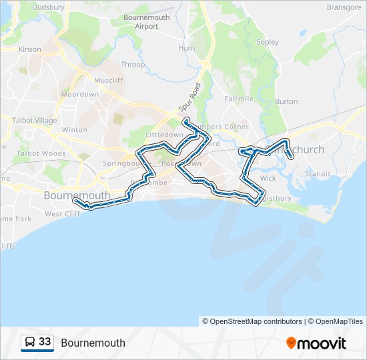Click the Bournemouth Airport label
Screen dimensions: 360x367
pos(147,22)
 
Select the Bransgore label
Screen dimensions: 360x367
pos(344,7)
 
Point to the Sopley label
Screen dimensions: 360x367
pos(268,42)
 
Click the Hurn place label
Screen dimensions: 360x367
pos(187,48)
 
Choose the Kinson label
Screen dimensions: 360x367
pos(30,49)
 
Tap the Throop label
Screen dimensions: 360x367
pos(133,65)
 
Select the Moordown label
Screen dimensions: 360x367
pos(80,95)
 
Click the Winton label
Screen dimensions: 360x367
pos(74,130)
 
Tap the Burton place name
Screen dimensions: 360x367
pos(286,102)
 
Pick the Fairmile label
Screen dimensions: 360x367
pos(239,99)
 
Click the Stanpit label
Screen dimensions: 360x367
pos(317,174)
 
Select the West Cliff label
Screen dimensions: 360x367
pos(62,214)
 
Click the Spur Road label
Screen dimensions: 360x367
pos(189,97)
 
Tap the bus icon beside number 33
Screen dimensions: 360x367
pos(30,343)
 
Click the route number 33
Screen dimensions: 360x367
pos(45,342)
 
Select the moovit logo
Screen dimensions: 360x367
pos(316,343)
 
